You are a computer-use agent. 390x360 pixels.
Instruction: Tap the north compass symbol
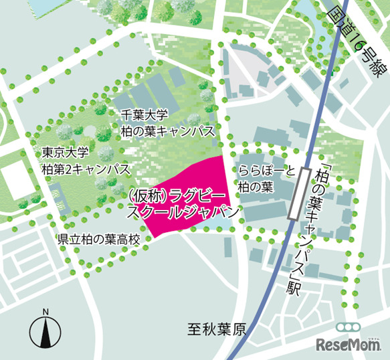[x=45, y=333]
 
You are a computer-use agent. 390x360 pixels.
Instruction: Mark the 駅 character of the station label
[x=293, y=288]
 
